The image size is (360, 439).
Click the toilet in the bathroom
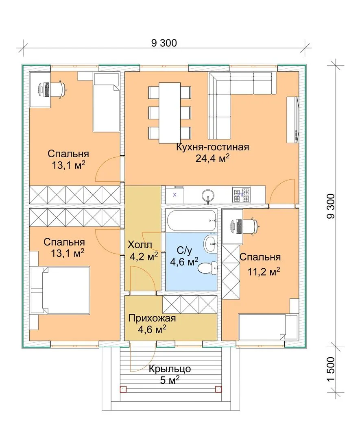(x=207, y=267)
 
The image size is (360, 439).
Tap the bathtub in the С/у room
(x=191, y=221)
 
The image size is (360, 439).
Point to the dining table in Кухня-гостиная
(x=170, y=113)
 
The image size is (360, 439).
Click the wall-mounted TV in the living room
(x=293, y=120)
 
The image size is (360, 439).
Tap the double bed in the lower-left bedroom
(x=60, y=290)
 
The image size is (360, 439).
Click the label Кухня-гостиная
(x=212, y=147)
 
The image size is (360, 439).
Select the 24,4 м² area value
(x=212, y=159)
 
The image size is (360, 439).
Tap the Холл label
(x=140, y=245)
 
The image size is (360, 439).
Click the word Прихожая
(x=152, y=318)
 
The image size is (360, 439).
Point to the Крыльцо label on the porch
(x=170, y=369)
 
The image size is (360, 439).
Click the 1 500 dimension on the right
(x=331, y=369)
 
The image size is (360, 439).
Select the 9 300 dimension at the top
(x=164, y=43)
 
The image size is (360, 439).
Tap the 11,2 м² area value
(x=264, y=271)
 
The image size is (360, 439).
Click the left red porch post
(x=123, y=389)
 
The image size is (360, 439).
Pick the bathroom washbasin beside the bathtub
(x=210, y=243)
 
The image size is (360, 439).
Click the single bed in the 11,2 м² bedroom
(x=268, y=327)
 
